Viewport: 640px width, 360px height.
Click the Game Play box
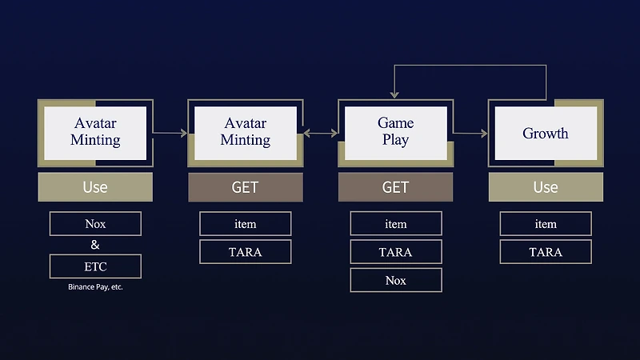point(395,133)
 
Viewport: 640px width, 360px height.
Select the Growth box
point(546,133)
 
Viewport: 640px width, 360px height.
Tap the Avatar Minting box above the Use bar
point(95,133)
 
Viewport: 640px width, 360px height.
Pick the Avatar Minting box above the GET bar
point(246,133)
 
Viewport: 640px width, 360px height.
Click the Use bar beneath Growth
point(546,187)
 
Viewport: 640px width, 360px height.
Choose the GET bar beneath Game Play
point(395,187)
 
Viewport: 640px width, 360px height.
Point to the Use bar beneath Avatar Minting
point(95,187)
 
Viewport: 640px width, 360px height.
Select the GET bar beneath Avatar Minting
point(246,187)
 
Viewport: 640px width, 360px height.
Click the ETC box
point(95,266)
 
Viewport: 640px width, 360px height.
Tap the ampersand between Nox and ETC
point(95,245)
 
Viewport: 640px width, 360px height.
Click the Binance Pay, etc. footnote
point(95,287)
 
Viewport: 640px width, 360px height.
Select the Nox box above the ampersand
point(95,224)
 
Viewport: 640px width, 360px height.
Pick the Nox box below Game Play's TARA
point(396,280)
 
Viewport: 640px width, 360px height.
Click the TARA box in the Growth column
point(546,252)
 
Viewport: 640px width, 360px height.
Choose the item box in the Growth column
point(546,224)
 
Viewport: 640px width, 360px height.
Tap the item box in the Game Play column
point(396,224)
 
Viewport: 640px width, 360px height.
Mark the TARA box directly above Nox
point(396,252)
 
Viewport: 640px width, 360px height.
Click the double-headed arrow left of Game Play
point(321,133)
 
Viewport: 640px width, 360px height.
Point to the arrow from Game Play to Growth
point(470,133)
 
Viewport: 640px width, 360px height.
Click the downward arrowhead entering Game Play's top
point(394,95)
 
